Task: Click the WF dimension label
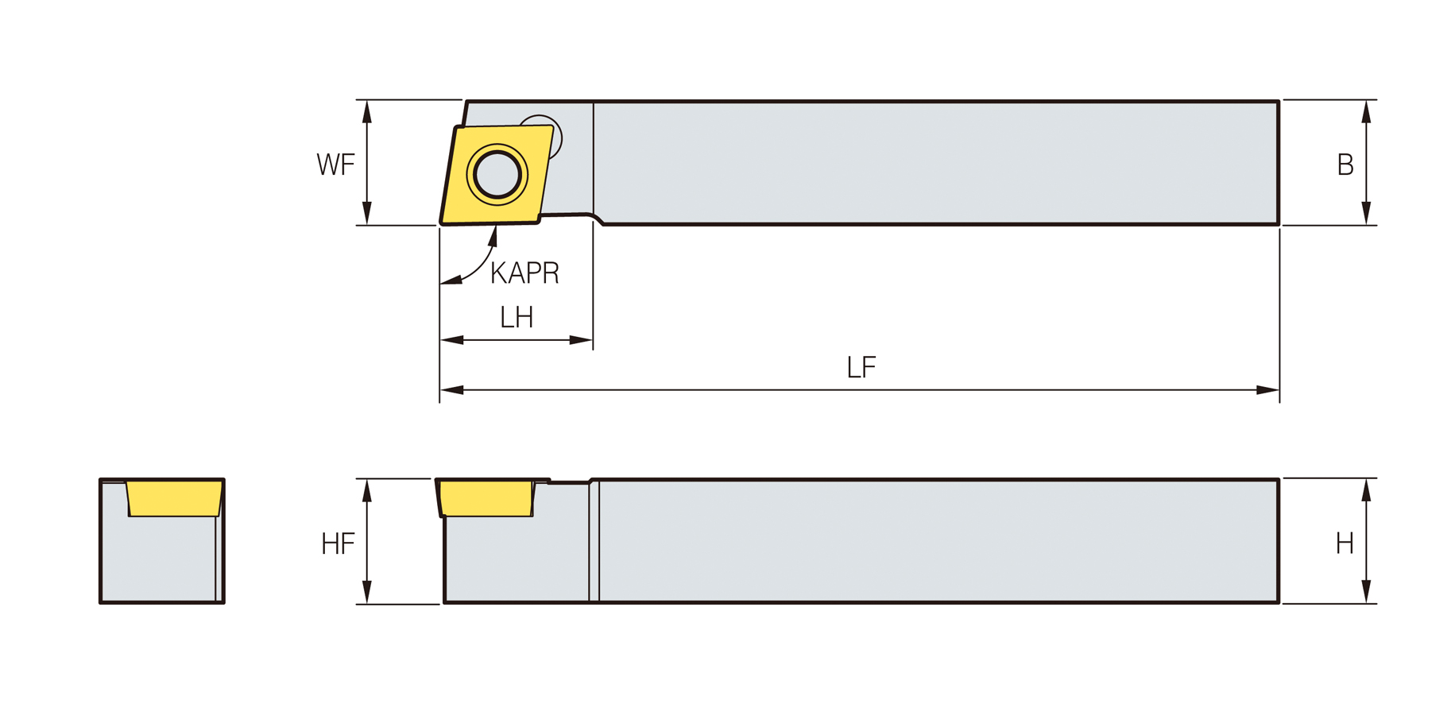pos(335,164)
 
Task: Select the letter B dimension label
pos(1345,164)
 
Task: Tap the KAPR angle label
pos(524,273)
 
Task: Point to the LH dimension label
pos(516,317)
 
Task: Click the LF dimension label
pos(861,367)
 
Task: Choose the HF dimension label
pos(338,543)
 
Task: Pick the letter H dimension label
pos(1345,543)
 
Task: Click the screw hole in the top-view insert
pos(497,174)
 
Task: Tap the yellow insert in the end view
pos(174,498)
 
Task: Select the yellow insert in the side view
pos(486,498)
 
